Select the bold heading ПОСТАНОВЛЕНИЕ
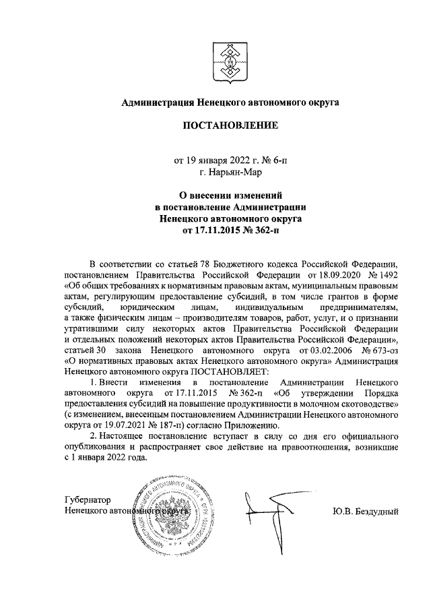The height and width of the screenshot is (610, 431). pyautogui.click(x=229, y=125)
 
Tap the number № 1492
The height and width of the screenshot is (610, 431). pyautogui.click(x=382, y=276)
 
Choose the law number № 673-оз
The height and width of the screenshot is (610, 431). pyautogui.click(x=380, y=355)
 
